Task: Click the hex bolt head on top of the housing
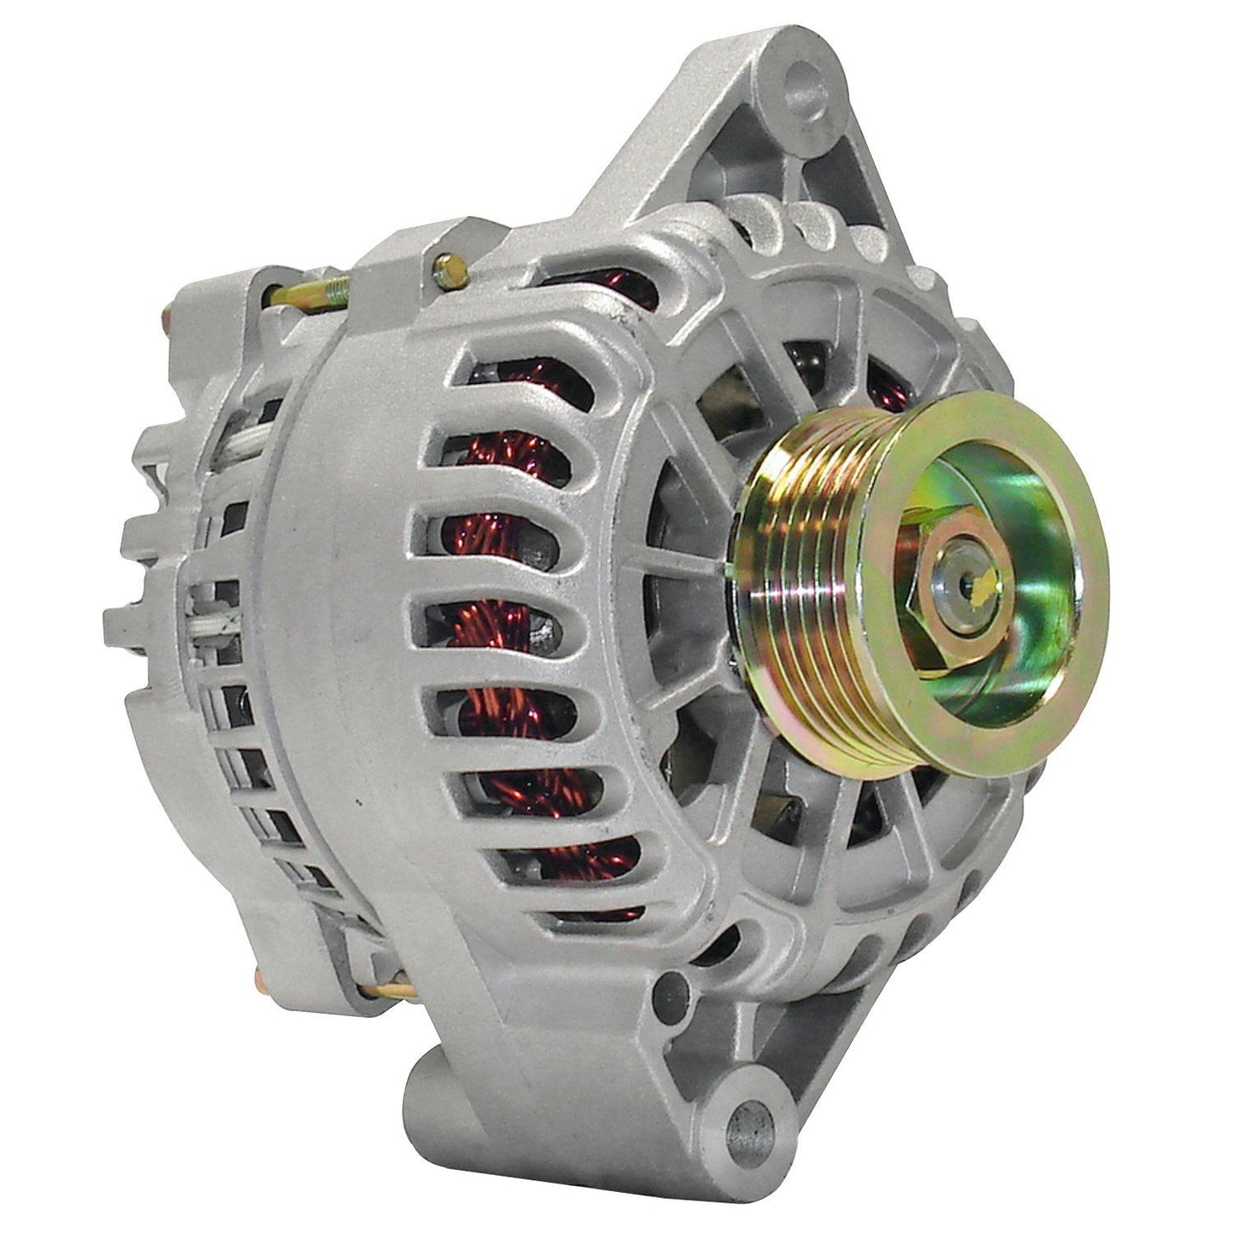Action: tap(450, 271)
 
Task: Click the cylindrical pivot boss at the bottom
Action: tap(478, 1101)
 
